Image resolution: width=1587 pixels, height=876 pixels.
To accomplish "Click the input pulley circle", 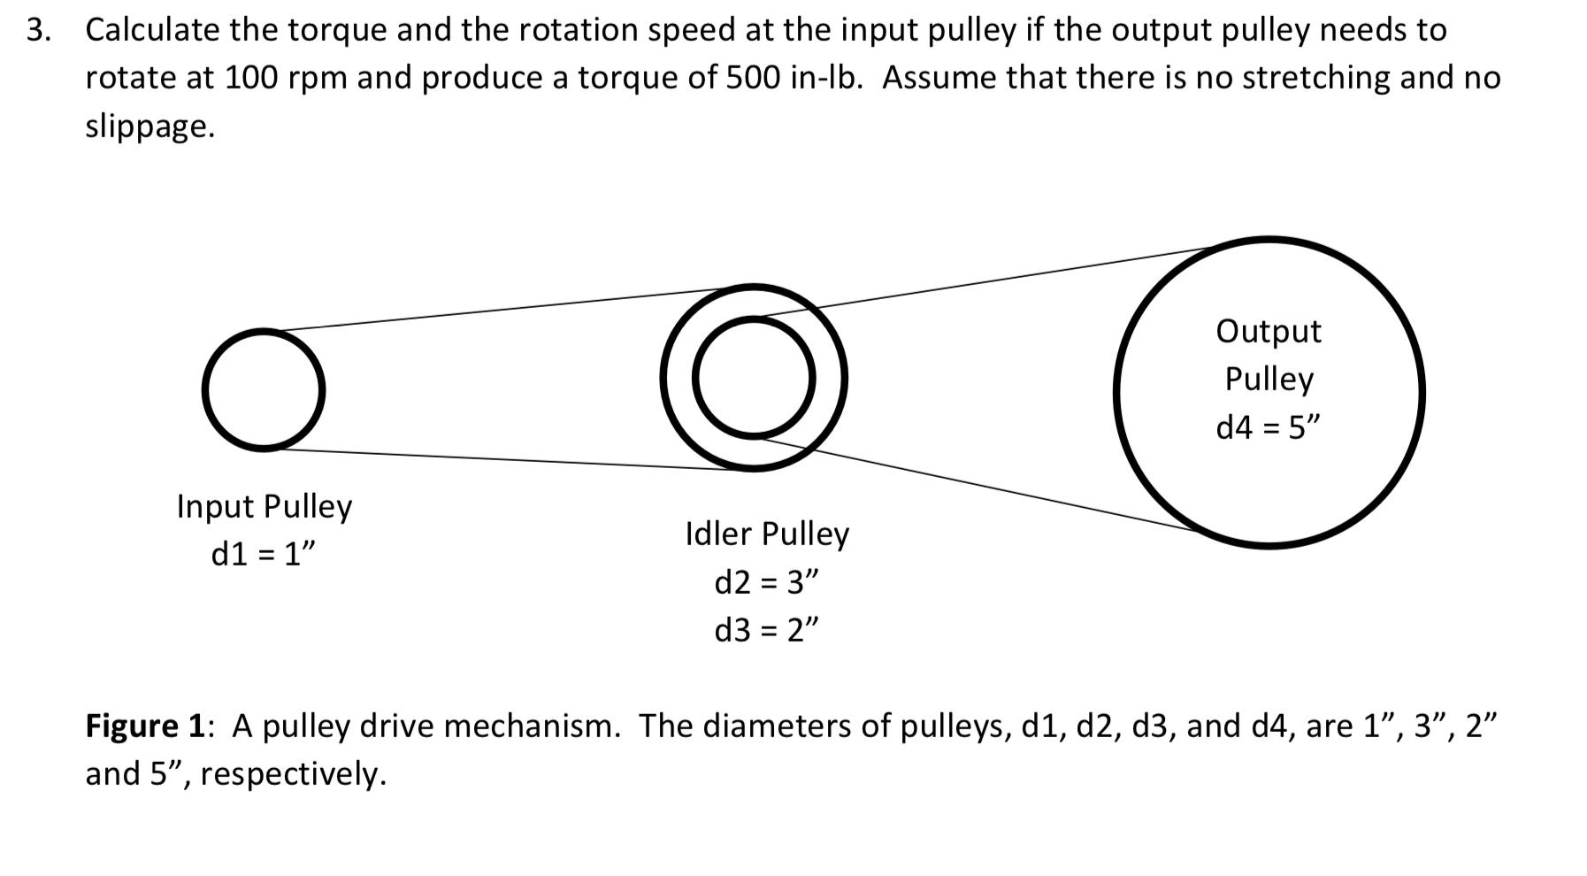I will coord(263,390).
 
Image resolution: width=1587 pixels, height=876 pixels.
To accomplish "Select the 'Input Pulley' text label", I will coord(264,506).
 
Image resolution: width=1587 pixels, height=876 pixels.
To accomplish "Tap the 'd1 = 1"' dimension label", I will coord(264,554).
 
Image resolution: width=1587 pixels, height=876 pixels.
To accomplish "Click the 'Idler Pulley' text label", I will coord(767,534).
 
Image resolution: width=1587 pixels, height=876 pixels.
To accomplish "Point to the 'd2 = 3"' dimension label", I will coord(766,582).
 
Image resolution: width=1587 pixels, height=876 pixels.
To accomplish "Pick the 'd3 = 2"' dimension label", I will coord(766,630).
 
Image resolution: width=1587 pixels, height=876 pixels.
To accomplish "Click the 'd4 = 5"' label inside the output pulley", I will coord(1268,427).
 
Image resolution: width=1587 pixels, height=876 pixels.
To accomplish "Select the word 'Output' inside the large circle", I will coord(1268,331).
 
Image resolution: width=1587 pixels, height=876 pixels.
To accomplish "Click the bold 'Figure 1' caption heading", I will coord(145,726).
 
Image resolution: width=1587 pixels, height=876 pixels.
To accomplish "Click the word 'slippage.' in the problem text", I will coord(149,127).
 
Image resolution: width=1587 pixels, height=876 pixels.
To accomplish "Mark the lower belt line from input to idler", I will coord(504,459).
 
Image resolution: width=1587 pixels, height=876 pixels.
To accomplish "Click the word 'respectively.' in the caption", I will coord(294,774).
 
